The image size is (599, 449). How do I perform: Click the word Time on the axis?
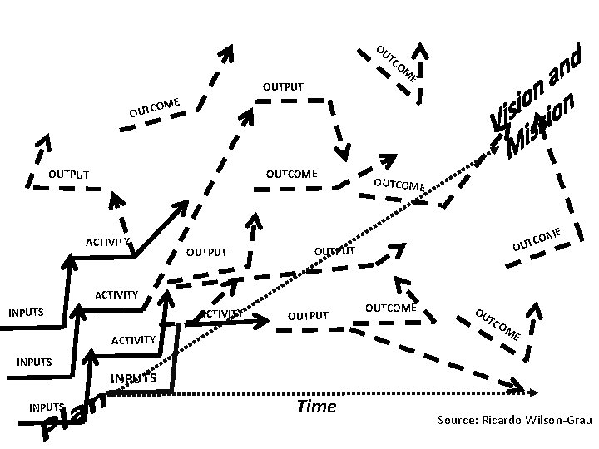click(316, 407)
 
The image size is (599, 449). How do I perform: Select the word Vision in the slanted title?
click(517, 99)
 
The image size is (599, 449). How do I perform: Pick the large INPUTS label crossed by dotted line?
click(134, 379)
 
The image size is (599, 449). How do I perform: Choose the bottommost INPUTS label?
click(47, 407)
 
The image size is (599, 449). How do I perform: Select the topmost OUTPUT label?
click(283, 86)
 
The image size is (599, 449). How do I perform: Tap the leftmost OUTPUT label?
click(68, 175)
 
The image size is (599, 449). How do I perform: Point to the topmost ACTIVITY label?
click(108, 243)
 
